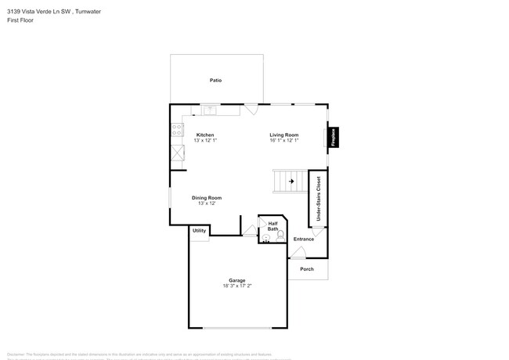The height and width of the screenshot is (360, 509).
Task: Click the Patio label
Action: pyautogui.click(x=215, y=81)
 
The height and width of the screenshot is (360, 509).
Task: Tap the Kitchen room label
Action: pyautogui.click(x=205, y=135)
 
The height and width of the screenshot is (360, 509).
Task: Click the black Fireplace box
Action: pyautogui.click(x=333, y=138)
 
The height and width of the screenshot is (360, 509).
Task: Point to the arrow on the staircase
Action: pyautogui.click(x=291, y=182)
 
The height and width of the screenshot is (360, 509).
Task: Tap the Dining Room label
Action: pyautogui.click(x=207, y=198)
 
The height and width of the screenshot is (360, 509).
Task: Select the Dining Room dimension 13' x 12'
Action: pyautogui.click(x=207, y=203)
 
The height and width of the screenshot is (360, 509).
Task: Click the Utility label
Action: pyautogui.click(x=199, y=230)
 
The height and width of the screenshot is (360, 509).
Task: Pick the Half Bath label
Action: pyautogui.click(x=273, y=226)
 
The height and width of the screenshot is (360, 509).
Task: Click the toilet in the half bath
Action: pyautogui.click(x=280, y=236)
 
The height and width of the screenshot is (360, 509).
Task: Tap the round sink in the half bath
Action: pyautogui.click(x=265, y=237)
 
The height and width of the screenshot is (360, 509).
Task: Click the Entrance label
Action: pyautogui.click(x=303, y=239)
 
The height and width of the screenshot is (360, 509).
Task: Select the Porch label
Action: pyautogui.click(x=307, y=269)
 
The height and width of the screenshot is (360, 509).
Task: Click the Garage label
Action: pyautogui.click(x=236, y=280)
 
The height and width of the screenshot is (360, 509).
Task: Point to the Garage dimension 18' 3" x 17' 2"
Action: pyautogui.click(x=236, y=286)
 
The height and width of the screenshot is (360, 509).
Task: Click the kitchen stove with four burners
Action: pyautogui.click(x=178, y=130)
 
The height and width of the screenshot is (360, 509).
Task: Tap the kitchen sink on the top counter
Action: pyautogui.click(x=209, y=110)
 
